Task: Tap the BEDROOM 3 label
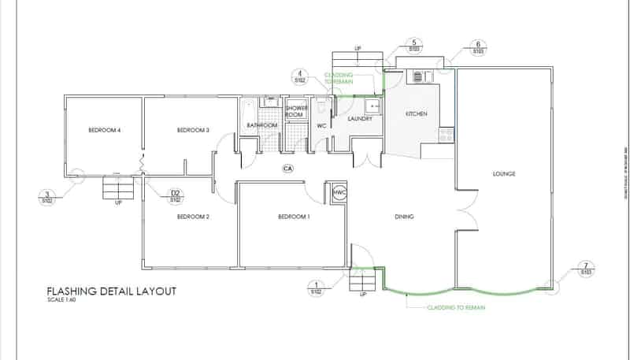tap(193, 130)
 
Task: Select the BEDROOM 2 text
tap(193, 217)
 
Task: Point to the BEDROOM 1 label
tap(294, 217)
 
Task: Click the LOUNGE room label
tap(504, 174)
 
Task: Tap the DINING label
tap(405, 217)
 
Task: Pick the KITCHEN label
tap(416, 114)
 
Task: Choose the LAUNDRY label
tap(359, 119)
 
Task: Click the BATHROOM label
tap(262, 125)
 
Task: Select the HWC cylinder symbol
tap(339, 192)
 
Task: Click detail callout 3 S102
tap(48, 197)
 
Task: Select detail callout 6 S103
tap(478, 48)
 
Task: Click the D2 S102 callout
tap(176, 195)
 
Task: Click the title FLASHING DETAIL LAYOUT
tap(111, 291)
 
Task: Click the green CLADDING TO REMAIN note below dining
tap(456, 307)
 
